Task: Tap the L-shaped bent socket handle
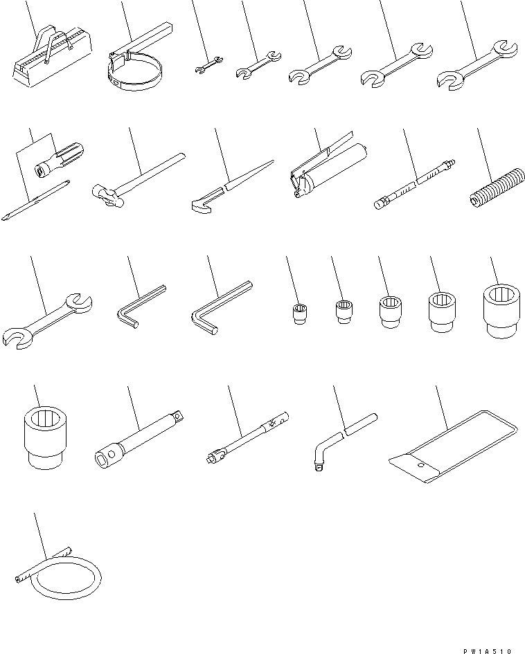pos(339,439)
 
